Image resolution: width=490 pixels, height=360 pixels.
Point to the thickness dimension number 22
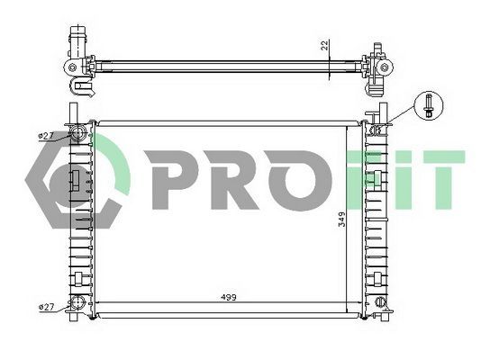tap(323, 44)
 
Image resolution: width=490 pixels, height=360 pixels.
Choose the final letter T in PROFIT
tap(441, 176)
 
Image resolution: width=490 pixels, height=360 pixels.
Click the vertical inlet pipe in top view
tap(77, 40)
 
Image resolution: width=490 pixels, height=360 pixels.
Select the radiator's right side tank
tap(376, 220)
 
